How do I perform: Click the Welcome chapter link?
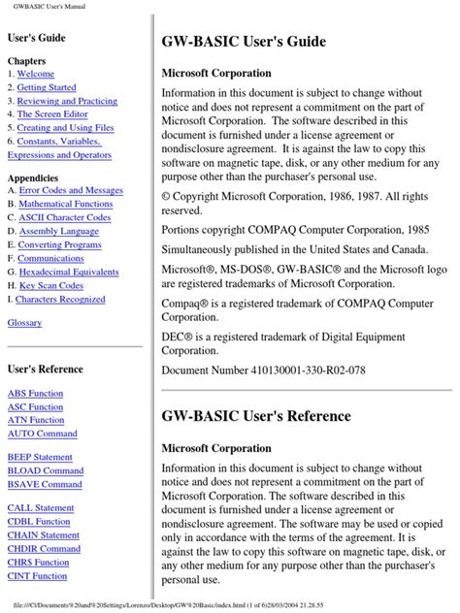click(36, 74)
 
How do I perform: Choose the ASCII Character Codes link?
click(65, 218)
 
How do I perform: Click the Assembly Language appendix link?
click(58, 232)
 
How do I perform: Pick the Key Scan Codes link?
click(54, 286)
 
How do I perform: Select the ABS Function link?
click(37, 394)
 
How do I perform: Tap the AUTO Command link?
click(42, 434)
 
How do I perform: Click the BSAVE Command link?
click(45, 484)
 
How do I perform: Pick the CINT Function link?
click(40, 575)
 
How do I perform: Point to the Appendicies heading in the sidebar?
click(35, 177)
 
